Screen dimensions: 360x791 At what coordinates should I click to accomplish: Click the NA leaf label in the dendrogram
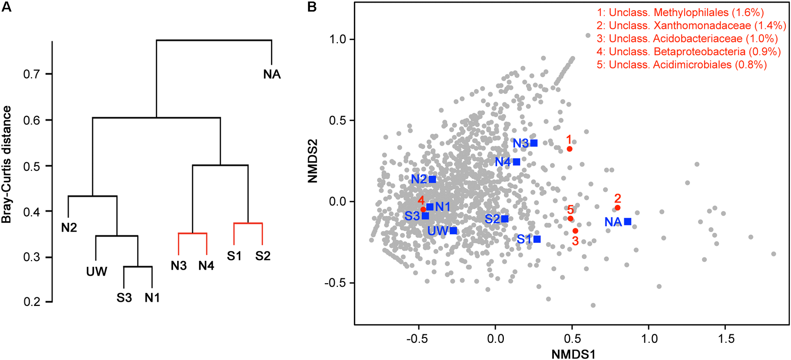pyautogui.click(x=272, y=74)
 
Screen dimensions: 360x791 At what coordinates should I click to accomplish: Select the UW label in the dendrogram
pyautogui.click(x=97, y=272)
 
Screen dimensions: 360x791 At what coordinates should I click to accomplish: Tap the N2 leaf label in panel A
pyautogui.click(x=69, y=228)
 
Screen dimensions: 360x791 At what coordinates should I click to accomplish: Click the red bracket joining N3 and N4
pyautogui.click(x=192, y=233)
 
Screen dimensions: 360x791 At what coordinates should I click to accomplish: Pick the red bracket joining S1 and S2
pyautogui.click(x=248, y=223)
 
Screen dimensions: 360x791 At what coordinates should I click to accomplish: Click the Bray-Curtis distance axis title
pyautogui.click(x=7, y=164)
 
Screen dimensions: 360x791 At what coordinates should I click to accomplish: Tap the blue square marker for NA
pyautogui.click(x=627, y=222)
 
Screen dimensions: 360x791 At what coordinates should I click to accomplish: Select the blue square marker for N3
pyautogui.click(x=534, y=143)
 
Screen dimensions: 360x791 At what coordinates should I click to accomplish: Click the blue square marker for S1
pyautogui.click(x=537, y=239)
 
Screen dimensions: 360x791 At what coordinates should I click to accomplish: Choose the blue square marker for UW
pyautogui.click(x=453, y=230)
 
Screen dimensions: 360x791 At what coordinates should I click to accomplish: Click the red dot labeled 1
pyautogui.click(x=569, y=149)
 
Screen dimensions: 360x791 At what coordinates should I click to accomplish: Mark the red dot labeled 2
pyautogui.click(x=617, y=208)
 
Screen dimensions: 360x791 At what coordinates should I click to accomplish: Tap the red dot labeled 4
pyautogui.click(x=423, y=209)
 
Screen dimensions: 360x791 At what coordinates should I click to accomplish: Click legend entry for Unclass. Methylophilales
pyautogui.click(x=680, y=12)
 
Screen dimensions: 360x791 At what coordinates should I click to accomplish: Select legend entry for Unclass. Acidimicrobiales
pyautogui.click(x=681, y=65)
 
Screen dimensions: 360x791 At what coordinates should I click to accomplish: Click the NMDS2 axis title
pyautogui.click(x=313, y=161)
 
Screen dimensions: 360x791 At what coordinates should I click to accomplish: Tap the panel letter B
pyautogui.click(x=312, y=7)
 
